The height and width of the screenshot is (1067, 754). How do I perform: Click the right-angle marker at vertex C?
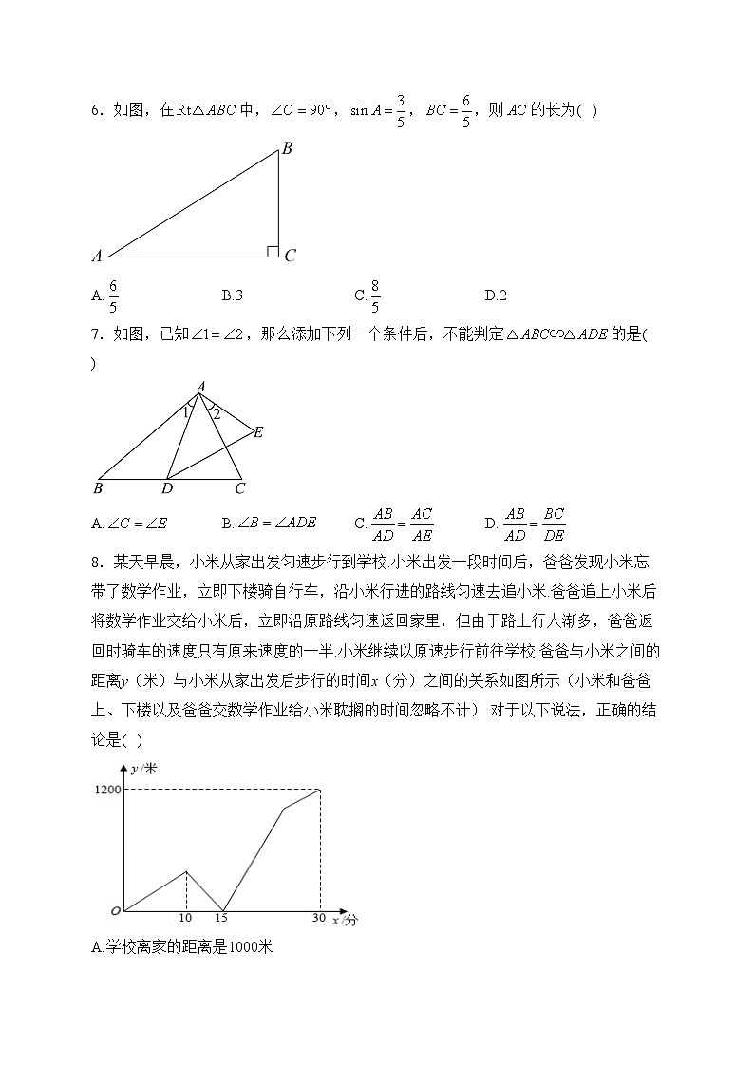[273, 251]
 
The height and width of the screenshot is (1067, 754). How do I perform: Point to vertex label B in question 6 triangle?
[286, 147]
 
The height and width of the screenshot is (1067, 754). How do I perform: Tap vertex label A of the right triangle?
[97, 256]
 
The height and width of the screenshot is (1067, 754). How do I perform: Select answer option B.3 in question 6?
[233, 295]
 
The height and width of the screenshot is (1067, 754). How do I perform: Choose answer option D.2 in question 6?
[496, 295]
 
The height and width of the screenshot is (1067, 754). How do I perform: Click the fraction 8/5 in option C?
[375, 295]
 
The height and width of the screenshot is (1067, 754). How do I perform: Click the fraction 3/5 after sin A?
[401, 110]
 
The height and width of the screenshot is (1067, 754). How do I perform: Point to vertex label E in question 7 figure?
[258, 432]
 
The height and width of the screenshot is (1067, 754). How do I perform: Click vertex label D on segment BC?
[167, 488]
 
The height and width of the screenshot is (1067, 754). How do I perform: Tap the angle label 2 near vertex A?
[216, 413]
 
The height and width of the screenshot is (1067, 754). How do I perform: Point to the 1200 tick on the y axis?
[107, 789]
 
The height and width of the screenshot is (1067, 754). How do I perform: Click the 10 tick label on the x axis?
[185, 918]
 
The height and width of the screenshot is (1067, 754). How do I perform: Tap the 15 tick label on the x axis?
[221, 918]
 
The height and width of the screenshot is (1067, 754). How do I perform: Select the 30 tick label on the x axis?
[319, 918]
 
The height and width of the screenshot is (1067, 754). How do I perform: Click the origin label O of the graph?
[115, 911]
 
